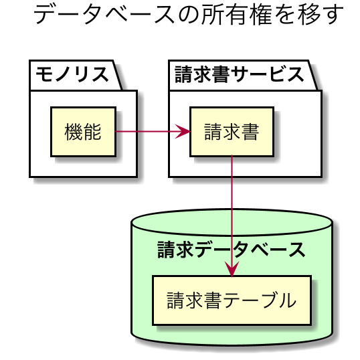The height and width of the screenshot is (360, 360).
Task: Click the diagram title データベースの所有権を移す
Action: point(188,15)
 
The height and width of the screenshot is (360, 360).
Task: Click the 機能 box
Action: point(84,132)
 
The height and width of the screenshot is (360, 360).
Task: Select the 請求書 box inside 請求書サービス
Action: point(232,132)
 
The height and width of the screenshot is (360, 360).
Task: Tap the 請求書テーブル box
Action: point(232,300)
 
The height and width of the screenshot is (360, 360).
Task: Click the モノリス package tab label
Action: point(72,74)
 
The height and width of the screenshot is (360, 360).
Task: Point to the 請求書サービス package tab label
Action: point(240,74)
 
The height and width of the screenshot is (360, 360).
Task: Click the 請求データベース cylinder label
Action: point(232,250)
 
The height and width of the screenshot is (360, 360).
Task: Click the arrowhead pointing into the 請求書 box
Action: point(183,132)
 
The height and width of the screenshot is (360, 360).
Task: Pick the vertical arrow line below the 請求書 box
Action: point(232,216)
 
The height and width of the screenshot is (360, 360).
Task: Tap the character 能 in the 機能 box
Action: point(92,132)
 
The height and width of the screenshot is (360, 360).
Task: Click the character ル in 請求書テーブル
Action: point(287,300)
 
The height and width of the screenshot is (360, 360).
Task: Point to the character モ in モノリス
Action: point(44,74)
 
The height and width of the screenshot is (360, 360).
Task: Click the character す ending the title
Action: point(334,15)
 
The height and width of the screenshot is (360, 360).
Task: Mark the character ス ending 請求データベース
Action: point(296,250)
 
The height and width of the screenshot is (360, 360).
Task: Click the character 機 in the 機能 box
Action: point(74,132)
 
